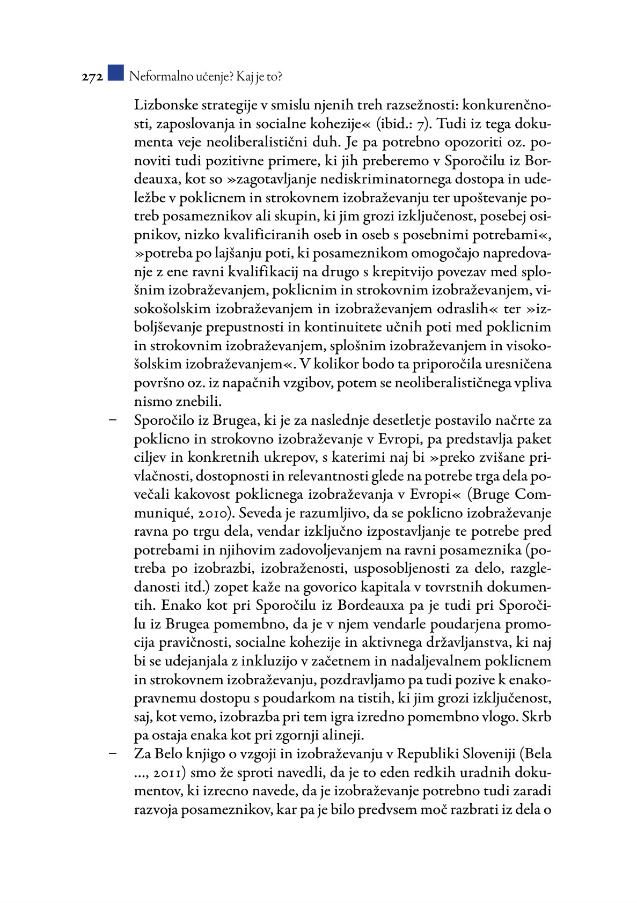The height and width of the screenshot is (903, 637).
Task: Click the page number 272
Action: point(92,77)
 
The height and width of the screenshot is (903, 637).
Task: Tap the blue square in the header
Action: point(115,73)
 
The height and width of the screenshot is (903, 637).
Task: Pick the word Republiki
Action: point(430,753)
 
